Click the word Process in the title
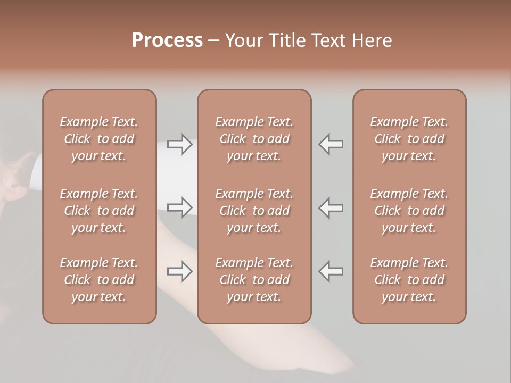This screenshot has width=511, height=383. (167, 40)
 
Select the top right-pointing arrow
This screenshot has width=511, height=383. (179, 144)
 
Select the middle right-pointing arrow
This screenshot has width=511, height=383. (179, 207)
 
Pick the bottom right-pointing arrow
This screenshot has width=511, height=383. (179, 271)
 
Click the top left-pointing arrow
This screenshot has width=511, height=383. (331, 144)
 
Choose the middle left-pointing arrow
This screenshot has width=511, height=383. (331, 207)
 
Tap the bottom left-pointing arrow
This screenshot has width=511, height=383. (331, 271)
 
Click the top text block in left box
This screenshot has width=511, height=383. (99, 139)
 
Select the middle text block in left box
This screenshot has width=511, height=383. (99, 211)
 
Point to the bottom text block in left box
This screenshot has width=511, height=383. (99, 280)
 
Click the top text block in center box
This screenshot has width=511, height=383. (254, 139)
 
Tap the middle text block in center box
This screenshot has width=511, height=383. (254, 211)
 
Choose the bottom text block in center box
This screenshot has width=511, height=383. (254, 280)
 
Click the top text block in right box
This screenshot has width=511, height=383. (409, 139)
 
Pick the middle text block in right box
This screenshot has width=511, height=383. (409, 211)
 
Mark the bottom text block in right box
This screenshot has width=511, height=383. (409, 280)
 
